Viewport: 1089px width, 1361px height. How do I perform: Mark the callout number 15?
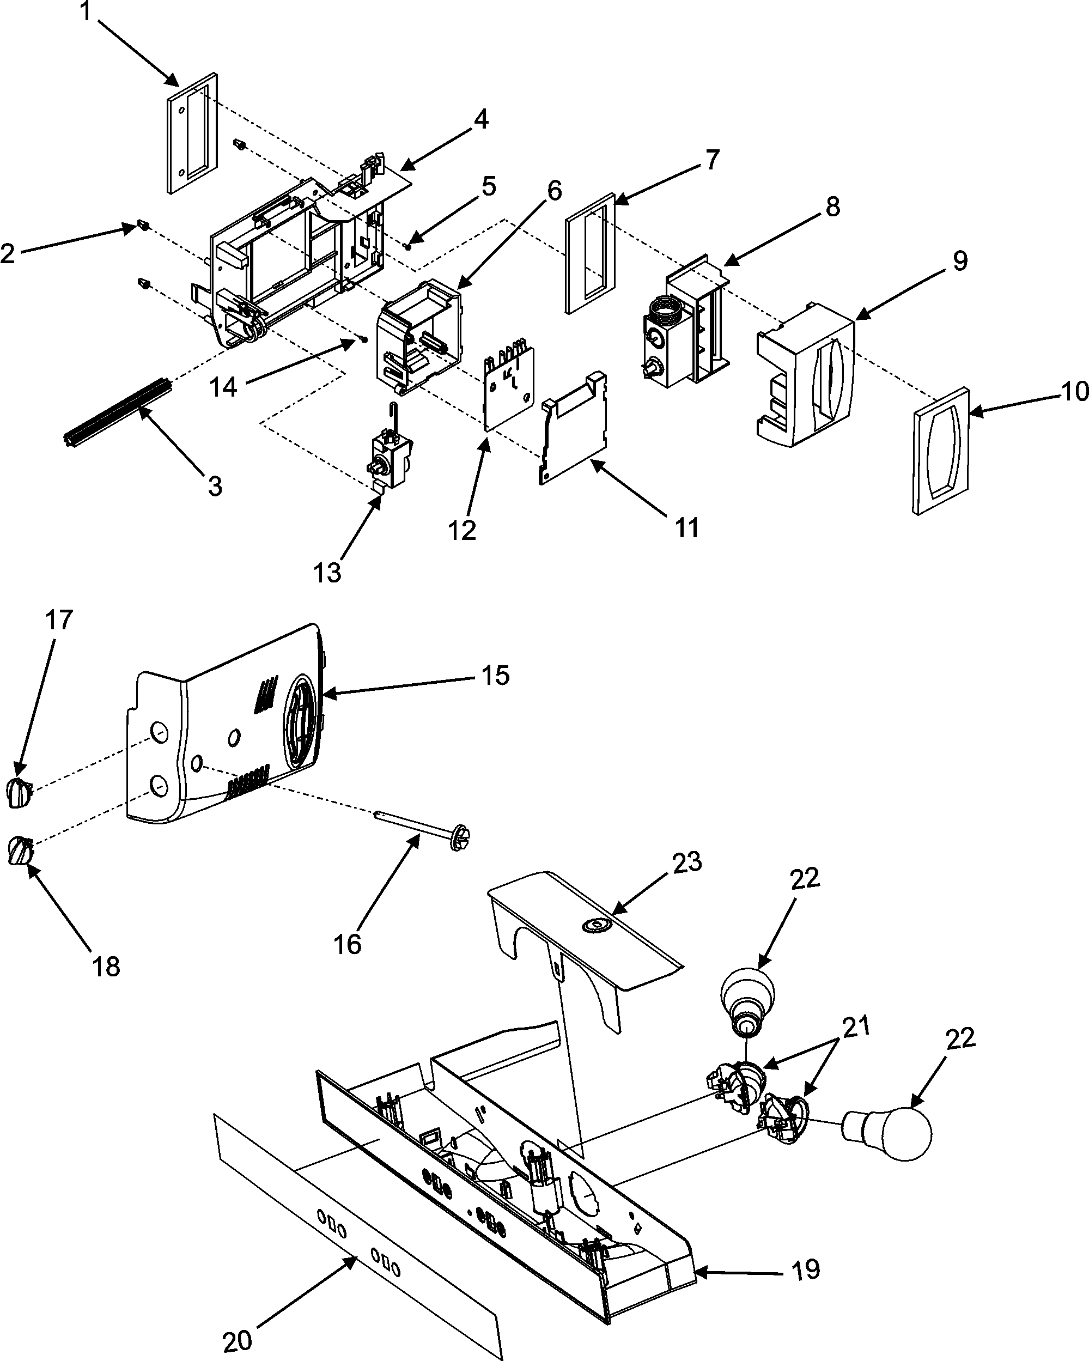496,676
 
